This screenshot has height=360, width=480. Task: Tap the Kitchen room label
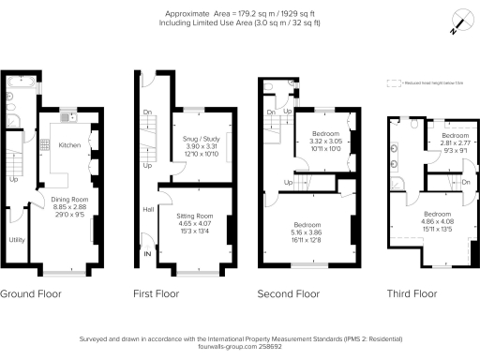click(x=71, y=145)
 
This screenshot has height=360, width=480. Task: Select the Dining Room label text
click(x=68, y=199)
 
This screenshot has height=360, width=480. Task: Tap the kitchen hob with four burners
click(x=44, y=145)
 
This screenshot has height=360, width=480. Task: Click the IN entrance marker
click(x=146, y=253)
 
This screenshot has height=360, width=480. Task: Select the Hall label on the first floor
click(x=146, y=211)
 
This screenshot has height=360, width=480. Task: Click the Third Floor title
click(x=412, y=293)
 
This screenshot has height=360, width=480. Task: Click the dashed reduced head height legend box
click(x=393, y=82)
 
